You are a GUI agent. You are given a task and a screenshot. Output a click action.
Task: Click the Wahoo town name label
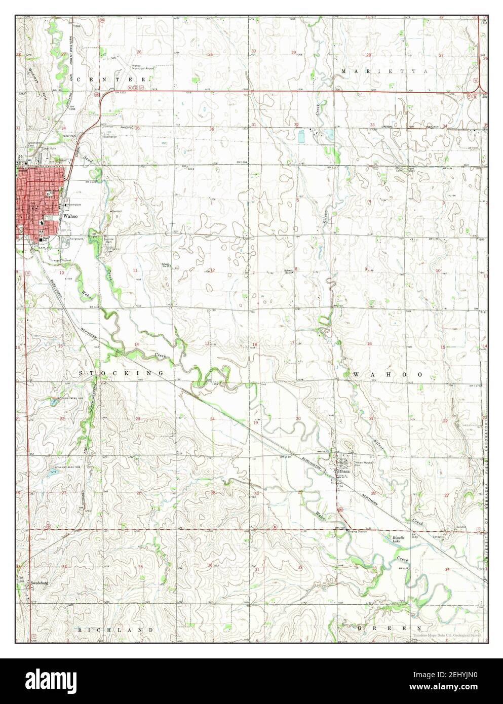[x=69, y=215]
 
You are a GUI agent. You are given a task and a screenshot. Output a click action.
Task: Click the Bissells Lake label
[x=400, y=539]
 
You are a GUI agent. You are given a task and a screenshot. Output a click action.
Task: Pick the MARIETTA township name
[x=384, y=71]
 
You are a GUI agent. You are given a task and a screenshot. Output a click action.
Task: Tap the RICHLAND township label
[x=115, y=629]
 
